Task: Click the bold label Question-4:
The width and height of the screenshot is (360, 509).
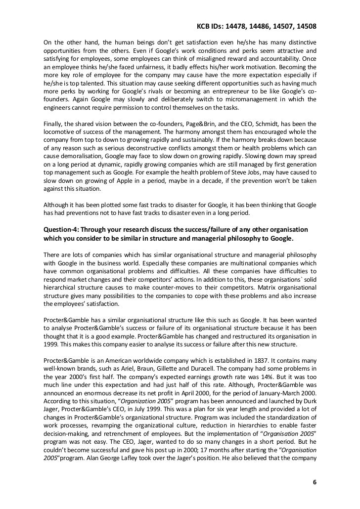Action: (x=64, y=230)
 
